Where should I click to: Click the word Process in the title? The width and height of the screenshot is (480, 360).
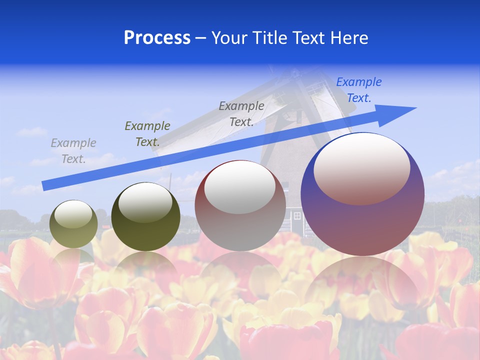coord(157,38)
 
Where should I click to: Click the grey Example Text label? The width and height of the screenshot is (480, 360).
coord(73,150)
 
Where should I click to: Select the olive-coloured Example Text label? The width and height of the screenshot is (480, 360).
coord(147,133)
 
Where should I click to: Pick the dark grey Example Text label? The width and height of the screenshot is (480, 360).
coord(241,113)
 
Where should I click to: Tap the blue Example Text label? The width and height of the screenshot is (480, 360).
coord(359,90)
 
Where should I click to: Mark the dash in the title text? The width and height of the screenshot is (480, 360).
coord(201,38)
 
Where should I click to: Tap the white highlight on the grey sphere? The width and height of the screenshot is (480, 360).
coord(239,187)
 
